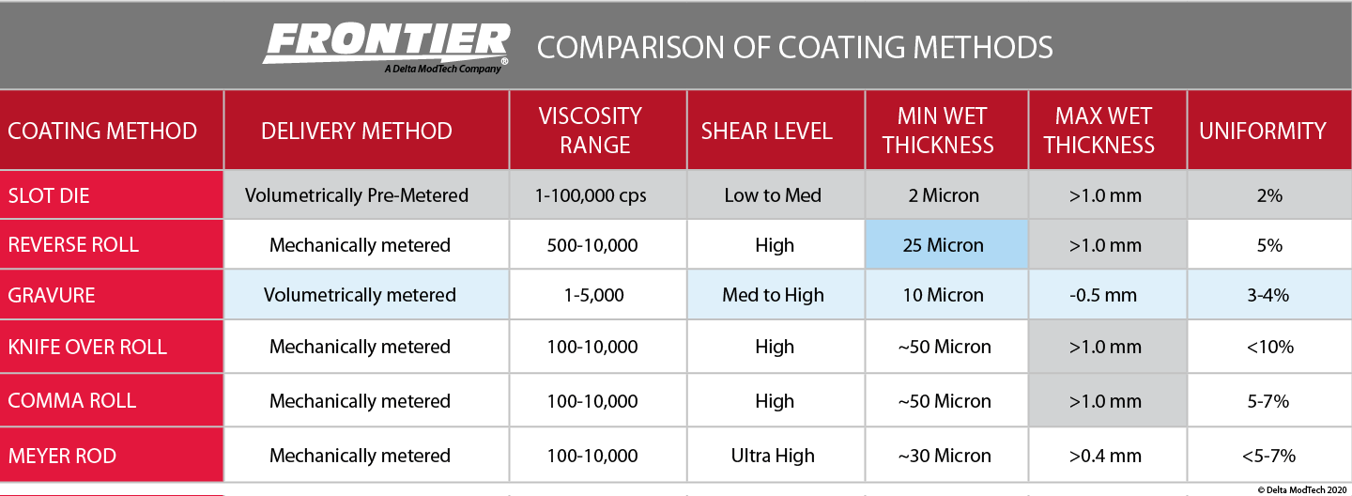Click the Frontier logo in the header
coord(386,47)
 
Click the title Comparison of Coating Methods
coord(794,47)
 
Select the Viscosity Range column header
coord(591,131)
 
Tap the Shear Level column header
coord(767,131)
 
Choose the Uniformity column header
coord(1263,131)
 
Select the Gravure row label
coord(52,295)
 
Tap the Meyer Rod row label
coord(62,456)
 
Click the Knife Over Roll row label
coord(87,347)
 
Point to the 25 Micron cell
coord(943,245)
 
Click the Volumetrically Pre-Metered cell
coord(357,195)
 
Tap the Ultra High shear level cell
coord(774,456)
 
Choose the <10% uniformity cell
coord(1269,347)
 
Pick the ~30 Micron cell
coord(944,456)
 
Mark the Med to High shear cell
coord(773,295)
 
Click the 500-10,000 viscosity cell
coord(592,245)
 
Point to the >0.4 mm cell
coord(1105,456)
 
